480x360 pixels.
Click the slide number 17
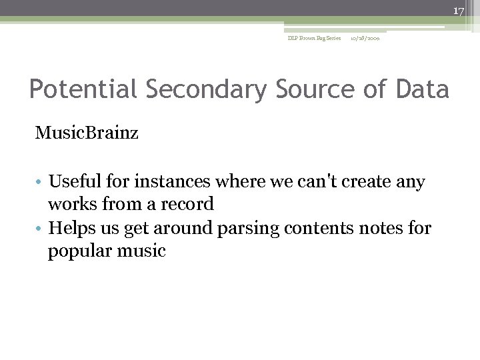[x=459, y=11]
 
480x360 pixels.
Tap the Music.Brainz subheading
[x=87, y=134]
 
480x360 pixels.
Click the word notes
[x=387, y=229]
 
